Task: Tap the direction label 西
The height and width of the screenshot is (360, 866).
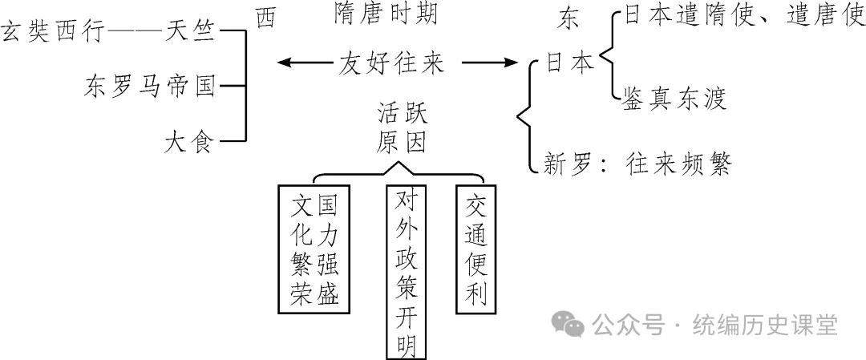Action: click(265, 18)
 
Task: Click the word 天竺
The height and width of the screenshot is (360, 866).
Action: click(188, 33)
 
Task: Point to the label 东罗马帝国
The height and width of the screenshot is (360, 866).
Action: click(149, 87)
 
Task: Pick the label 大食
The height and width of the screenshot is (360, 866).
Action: click(188, 142)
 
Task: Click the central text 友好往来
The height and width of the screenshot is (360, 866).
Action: click(391, 62)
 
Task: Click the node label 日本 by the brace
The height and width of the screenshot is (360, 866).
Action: click(570, 62)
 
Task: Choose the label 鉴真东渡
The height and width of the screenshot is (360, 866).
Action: click(674, 99)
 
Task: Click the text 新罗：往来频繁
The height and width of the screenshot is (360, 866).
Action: click(637, 164)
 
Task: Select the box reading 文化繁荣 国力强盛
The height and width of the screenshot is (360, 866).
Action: click(314, 249)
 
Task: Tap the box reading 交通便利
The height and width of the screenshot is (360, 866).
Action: click(476, 249)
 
